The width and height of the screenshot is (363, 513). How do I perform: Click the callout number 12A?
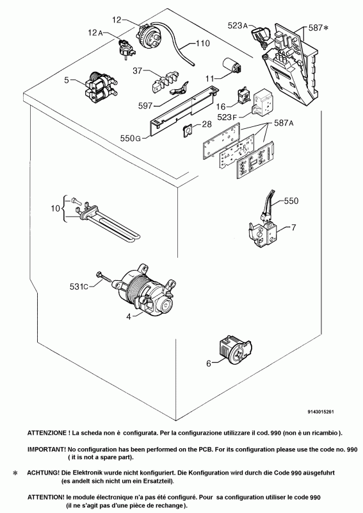(95, 33)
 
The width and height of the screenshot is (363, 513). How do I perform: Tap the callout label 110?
(202, 44)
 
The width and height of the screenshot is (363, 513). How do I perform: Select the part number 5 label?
(65, 81)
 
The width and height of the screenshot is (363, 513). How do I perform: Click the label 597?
(147, 105)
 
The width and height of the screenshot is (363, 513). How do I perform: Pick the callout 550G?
(129, 138)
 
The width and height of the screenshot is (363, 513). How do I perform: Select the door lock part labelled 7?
(263, 230)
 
